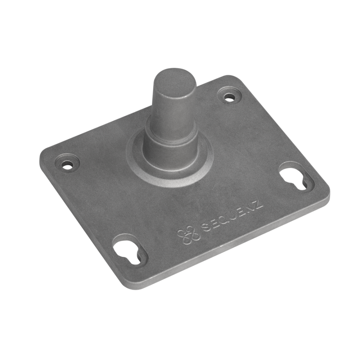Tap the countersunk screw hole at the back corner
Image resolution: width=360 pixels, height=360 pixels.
(x=229, y=97)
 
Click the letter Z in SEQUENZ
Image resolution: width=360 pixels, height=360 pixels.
(x=258, y=204)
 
